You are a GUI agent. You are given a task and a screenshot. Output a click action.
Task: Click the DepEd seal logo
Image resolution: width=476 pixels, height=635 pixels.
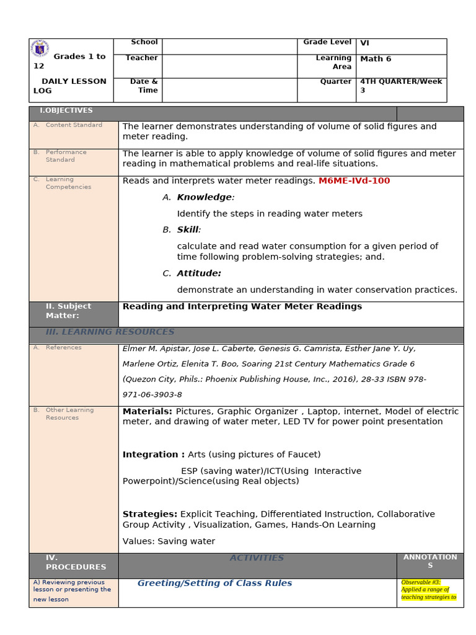coord(41,49)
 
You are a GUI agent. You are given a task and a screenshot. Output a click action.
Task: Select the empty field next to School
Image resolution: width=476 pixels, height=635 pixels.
coord(229,47)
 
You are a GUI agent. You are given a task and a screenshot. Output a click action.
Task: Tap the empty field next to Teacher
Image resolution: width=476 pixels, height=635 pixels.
coord(229,66)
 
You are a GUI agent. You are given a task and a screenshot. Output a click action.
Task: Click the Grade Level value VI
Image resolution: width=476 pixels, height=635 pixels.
coord(364,43)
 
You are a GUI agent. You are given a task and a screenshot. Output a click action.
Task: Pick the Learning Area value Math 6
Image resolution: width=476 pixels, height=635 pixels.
coord(376,59)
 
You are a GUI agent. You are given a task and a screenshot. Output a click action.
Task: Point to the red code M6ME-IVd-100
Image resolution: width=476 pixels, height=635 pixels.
coord(354,181)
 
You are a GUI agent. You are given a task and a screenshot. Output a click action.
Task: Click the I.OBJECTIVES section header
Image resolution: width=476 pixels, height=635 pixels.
coord(66,111)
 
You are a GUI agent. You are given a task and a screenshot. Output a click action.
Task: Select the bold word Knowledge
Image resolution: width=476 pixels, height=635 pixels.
coord(205,197)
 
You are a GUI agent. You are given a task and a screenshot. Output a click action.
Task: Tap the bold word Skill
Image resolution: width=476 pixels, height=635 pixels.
coord(188,229)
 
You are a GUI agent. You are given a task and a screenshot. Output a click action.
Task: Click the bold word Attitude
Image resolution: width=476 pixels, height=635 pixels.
coord(198,273)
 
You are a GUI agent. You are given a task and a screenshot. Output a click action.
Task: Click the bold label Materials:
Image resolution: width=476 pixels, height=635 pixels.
coord(148,412)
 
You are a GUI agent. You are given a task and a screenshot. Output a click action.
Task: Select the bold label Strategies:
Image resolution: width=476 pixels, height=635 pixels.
coord(150,514)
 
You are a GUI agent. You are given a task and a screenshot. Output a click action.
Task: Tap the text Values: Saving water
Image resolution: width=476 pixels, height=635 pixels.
coord(169,541)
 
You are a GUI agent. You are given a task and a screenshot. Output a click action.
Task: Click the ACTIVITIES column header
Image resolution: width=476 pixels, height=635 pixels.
coord(257,558)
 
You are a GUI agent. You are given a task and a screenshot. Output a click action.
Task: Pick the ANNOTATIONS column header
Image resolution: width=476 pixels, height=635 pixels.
coord(430,561)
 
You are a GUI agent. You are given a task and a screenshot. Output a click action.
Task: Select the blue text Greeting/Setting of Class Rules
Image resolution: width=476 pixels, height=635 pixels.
coord(214,584)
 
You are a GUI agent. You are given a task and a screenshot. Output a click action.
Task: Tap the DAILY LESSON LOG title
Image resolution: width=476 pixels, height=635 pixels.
coord(69,86)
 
